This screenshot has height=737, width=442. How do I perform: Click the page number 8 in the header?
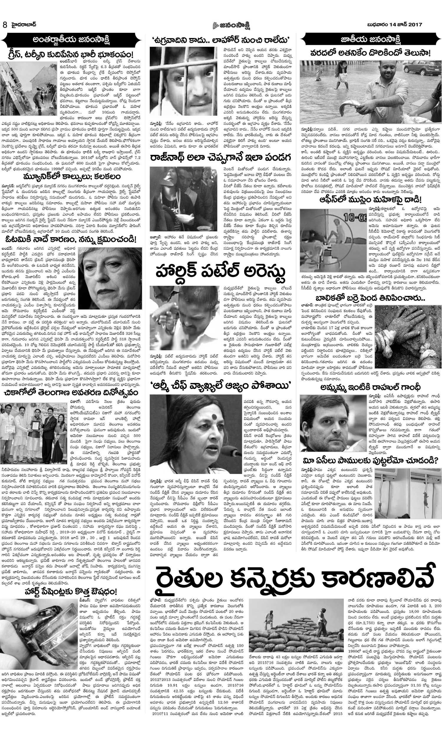pos(5,25)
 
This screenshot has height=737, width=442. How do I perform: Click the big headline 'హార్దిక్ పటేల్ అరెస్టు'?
pos(220,272)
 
